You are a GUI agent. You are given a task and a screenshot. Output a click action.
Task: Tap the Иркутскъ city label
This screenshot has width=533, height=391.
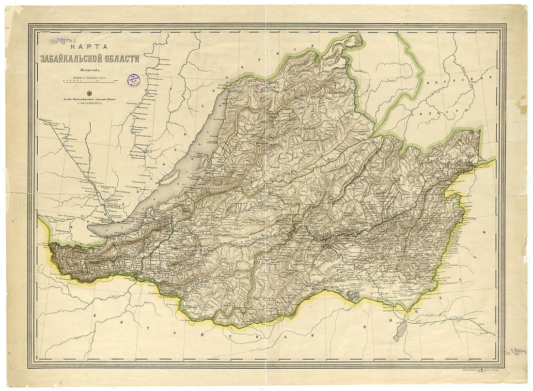coord(112,204)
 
